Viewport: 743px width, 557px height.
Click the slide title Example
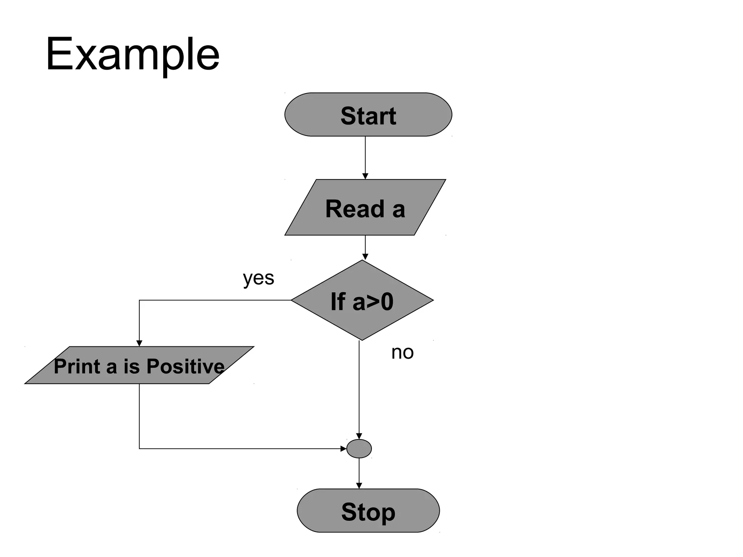pyautogui.click(x=132, y=54)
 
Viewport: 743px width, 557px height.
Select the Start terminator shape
pyautogui.click(x=368, y=115)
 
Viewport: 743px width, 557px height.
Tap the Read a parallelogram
pyautogui.click(x=365, y=208)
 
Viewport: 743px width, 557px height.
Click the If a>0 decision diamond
pyautogui.click(x=362, y=301)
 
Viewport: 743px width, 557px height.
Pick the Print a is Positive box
pyautogui.click(x=139, y=365)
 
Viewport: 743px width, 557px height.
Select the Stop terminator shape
pyautogui.click(x=368, y=511)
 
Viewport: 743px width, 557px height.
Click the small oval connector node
pyautogui.click(x=359, y=449)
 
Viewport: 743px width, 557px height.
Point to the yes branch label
pyautogui.click(x=258, y=278)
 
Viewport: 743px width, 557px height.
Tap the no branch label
pyautogui.click(x=402, y=352)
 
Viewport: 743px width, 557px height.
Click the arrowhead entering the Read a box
pyautogui.click(x=365, y=176)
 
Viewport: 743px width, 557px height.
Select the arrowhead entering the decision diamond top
pyautogui.click(x=365, y=257)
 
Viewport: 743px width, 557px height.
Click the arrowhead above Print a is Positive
pyautogui.click(x=139, y=343)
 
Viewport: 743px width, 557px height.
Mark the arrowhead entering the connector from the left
pyautogui.click(x=343, y=449)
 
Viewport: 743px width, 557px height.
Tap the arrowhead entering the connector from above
pyautogui.click(x=359, y=436)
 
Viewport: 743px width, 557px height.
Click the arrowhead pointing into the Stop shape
pyautogui.click(x=359, y=486)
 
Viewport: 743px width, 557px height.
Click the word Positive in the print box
pyautogui.click(x=185, y=366)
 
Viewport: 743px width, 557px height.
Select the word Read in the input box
pyautogui.click(x=354, y=209)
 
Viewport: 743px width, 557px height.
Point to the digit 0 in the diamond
pyautogui.click(x=387, y=302)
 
